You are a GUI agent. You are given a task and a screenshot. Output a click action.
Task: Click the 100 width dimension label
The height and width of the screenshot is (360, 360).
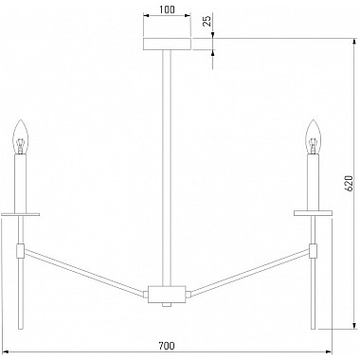pyautogui.click(x=167, y=9)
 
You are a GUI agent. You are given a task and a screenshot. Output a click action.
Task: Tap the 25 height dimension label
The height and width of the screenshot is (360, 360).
pyautogui.click(x=207, y=21)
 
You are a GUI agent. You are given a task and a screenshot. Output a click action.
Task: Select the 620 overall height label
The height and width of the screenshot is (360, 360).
pyautogui.click(x=348, y=183)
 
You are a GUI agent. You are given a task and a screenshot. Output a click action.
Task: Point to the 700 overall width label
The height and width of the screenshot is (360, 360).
pyautogui.click(x=167, y=346)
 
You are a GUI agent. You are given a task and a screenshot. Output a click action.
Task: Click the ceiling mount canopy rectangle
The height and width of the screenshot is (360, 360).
pyautogui.click(x=167, y=44)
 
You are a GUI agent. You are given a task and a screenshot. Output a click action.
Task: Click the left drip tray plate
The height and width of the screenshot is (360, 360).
pyautogui.click(x=20, y=214)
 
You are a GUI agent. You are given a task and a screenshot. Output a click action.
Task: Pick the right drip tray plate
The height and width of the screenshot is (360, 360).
pyautogui.click(x=313, y=213)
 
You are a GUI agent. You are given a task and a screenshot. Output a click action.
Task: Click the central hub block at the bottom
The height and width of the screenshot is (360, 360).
pyautogui.click(x=167, y=294)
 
